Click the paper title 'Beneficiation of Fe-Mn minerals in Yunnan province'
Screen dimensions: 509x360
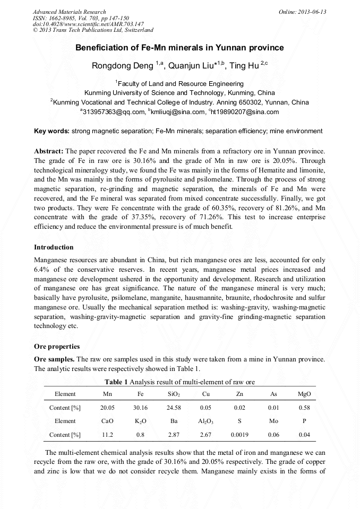click(179, 48)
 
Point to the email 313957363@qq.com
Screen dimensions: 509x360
click(114, 112)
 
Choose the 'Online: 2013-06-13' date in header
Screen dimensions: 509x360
click(302, 12)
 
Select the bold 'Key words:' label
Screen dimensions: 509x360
click(52, 131)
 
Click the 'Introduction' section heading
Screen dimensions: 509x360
click(54, 247)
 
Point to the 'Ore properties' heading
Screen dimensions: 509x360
click(57, 347)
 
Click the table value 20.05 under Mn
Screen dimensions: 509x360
click(107, 408)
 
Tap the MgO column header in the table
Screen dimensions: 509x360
click(304, 394)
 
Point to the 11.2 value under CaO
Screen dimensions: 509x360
click(107, 435)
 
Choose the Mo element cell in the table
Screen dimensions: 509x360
click(273, 421)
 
